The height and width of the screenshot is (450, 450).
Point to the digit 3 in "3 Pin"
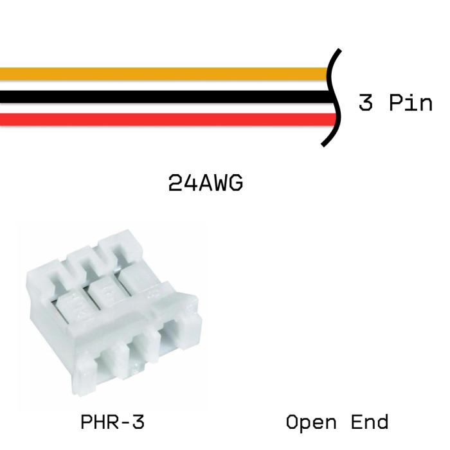(x=366, y=102)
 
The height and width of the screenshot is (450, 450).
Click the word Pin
(x=411, y=102)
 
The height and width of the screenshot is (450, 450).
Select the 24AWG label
(x=206, y=183)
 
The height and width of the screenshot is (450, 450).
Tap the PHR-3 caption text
(x=113, y=422)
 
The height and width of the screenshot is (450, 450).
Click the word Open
(x=311, y=422)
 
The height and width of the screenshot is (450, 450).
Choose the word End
(x=370, y=422)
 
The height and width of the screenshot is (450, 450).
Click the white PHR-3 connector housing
(x=114, y=313)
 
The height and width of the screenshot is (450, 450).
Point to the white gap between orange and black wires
(x=164, y=85)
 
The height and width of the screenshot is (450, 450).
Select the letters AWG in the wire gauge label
(x=221, y=183)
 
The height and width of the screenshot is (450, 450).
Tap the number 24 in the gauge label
(x=183, y=183)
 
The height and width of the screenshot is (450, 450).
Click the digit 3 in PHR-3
(x=138, y=422)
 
